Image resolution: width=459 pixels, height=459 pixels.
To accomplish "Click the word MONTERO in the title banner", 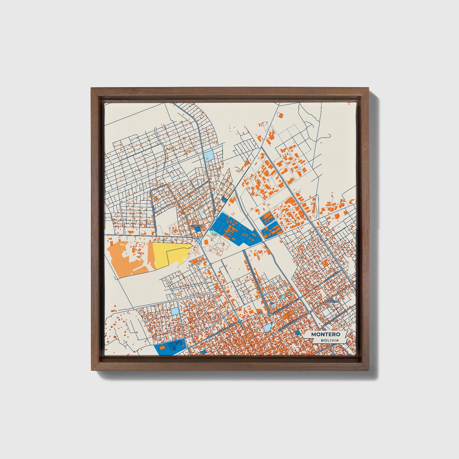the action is tap(326, 334).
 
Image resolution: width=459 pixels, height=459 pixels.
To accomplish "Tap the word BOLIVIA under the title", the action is tap(329, 340).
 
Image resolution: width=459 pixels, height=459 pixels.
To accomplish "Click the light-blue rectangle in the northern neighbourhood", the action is tap(210, 156).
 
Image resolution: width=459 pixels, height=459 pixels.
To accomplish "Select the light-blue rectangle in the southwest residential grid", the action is tap(175, 311).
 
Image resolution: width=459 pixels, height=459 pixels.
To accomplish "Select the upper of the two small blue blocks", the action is tap(267, 218).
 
